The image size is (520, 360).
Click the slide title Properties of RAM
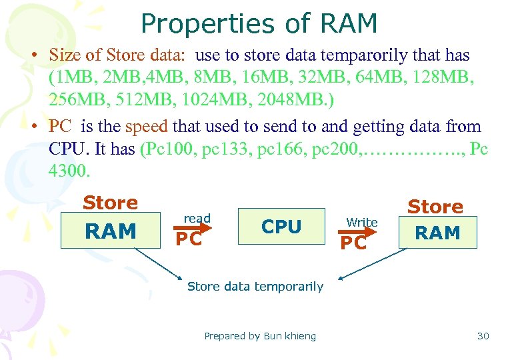coord(259,24)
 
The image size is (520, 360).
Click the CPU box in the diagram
coord(281,227)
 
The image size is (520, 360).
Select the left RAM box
coord(111,231)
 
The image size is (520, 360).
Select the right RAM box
coord(437,233)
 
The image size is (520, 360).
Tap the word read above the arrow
coord(197,218)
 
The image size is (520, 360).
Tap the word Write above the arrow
coord(362,222)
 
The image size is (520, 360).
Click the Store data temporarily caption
coord(255,287)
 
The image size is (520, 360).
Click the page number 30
coord(483,336)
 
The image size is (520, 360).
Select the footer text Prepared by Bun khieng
coord(260,336)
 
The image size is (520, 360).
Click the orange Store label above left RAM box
coord(110,203)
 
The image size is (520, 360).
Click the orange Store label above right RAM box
coord(435,207)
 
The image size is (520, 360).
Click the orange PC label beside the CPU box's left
coord(188,239)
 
